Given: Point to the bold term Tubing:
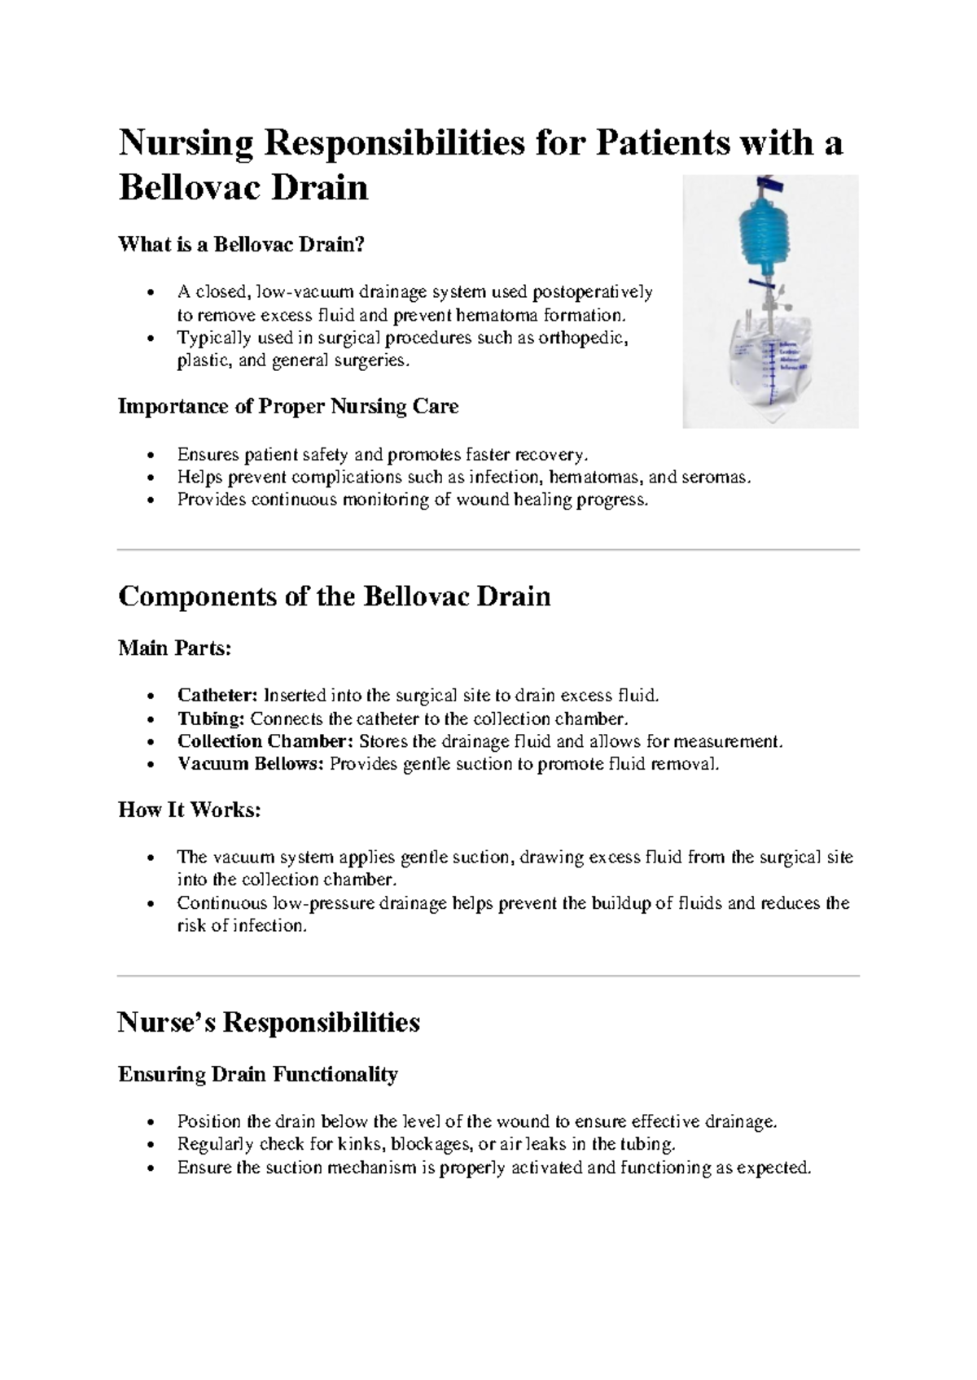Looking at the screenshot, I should [x=211, y=718].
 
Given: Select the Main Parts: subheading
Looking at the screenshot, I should [x=175, y=649].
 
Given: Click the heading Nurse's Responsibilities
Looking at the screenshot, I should [x=269, y=1022].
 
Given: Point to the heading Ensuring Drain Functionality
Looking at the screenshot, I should [x=258, y=1075].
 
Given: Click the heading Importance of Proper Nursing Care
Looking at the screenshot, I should [x=288, y=406].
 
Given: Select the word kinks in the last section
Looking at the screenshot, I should [x=360, y=1145].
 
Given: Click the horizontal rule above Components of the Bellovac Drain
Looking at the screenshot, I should [x=488, y=550].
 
